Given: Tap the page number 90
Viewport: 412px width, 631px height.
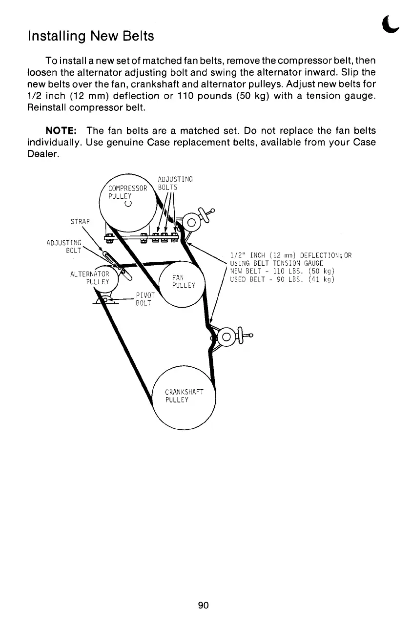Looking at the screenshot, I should coord(204,606).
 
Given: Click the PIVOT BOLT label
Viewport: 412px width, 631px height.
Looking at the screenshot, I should coord(145,299).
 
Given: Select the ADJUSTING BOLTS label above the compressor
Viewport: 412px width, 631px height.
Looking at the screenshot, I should coord(175,183).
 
